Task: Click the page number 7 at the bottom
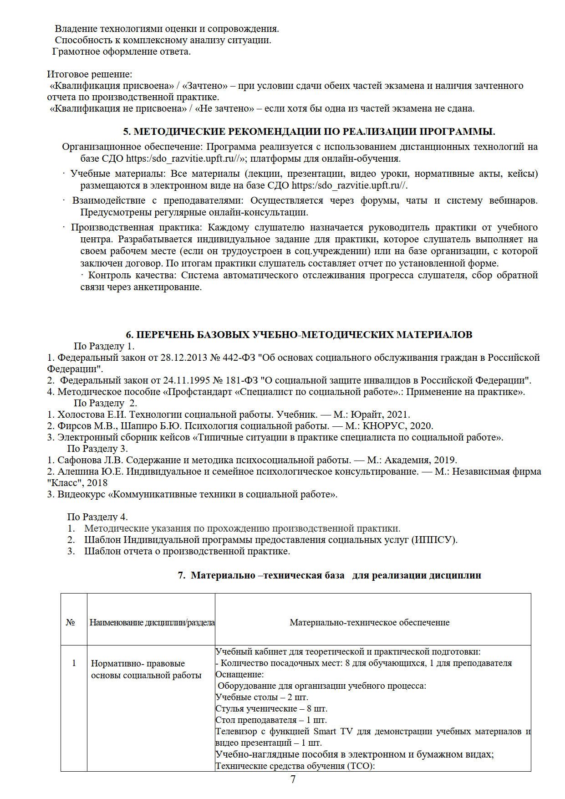click(x=293, y=779)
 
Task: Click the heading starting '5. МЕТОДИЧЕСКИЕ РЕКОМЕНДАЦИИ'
click(x=309, y=132)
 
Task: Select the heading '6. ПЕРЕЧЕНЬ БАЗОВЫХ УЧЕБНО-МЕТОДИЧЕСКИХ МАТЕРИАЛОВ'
click(x=299, y=335)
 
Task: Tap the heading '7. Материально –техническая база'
click(x=329, y=575)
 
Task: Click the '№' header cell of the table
click(x=70, y=623)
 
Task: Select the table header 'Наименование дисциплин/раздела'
click(x=152, y=623)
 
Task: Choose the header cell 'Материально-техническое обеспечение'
click(x=369, y=623)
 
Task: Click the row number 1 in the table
click(x=74, y=663)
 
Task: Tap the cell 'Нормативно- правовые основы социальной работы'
click(x=146, y=669)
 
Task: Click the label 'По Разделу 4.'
click(x=97, y=517)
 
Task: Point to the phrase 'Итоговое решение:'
click(x=89, y=74)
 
